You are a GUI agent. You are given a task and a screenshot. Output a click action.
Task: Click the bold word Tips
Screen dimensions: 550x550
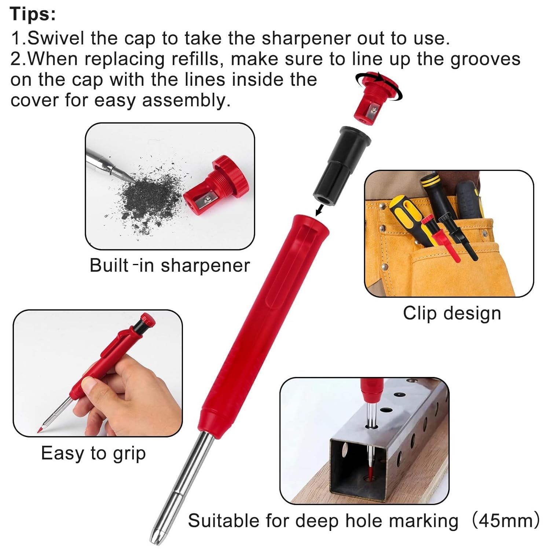(33, 14)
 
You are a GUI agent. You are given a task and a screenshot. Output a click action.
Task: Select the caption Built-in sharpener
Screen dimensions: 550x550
(170, 265)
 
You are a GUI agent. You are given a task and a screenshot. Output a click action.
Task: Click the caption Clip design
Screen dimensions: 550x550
(452, 314)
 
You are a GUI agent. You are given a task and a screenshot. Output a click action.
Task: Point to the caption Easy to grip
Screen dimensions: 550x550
(93, 454)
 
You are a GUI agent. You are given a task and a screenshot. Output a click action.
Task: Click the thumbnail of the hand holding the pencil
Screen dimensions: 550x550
(98, 373)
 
